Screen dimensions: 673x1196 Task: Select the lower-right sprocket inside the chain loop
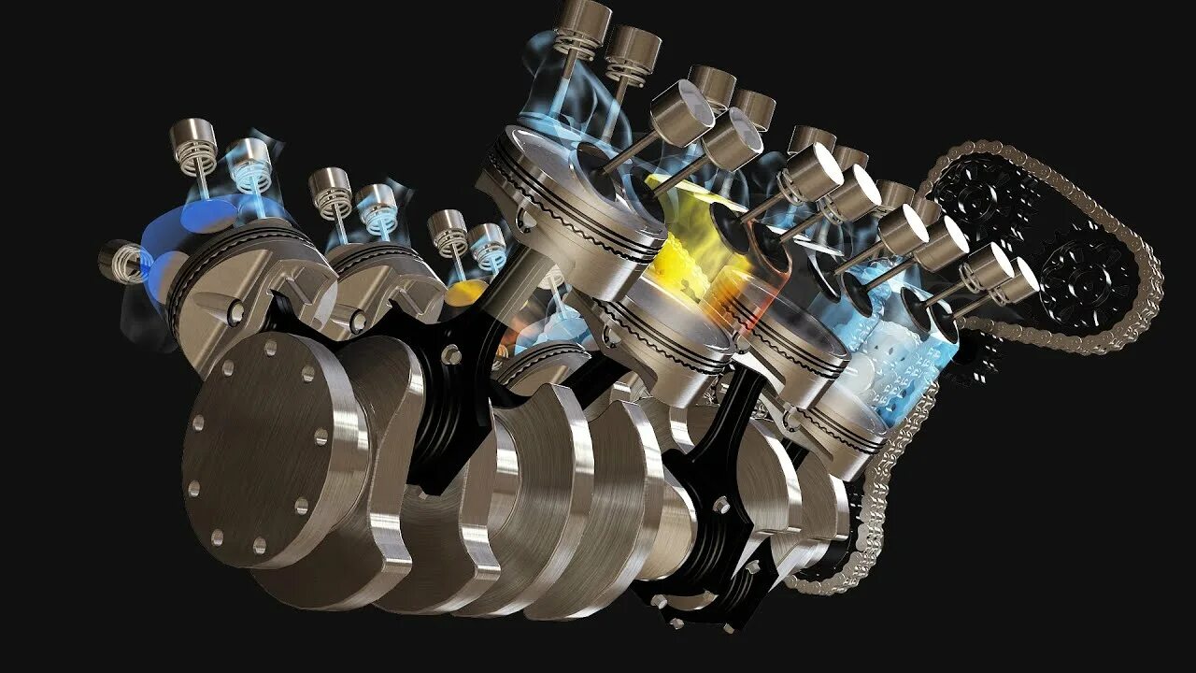click(x=1084, y=271)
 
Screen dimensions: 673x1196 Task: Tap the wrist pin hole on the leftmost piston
click(x=236, y=311)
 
